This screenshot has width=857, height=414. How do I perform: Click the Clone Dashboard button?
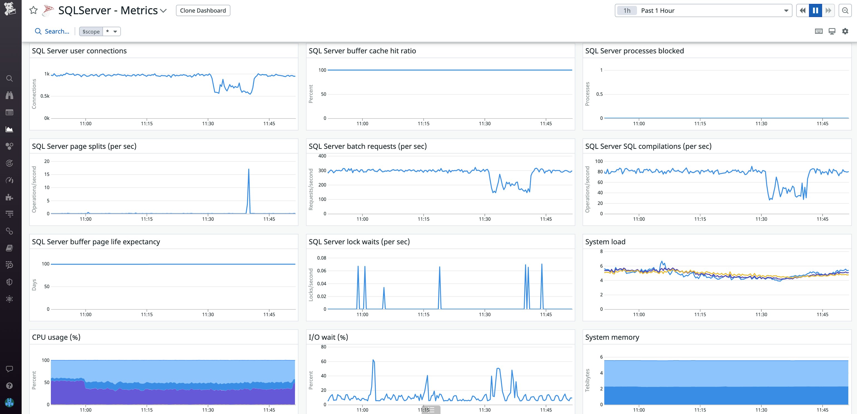pos(203,10)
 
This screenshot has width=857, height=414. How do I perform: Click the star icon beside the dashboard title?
pos(33,10)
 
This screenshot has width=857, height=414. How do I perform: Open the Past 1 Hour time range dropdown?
pos(703,10)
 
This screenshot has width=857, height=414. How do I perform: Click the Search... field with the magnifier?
pos(52,31)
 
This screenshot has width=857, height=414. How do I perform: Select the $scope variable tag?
pos(91,31)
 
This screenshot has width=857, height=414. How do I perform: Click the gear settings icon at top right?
pos(845,31)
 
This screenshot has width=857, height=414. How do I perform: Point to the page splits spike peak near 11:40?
pos(249,169)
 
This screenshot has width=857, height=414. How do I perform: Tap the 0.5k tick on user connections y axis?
pos(45,96)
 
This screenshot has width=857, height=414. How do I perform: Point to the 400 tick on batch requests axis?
pos(322,156)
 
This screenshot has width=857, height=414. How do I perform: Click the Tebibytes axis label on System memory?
pos(587,380)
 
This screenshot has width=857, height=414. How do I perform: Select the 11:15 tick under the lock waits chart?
pos(423,315)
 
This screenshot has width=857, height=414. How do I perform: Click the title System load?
pos(605,242)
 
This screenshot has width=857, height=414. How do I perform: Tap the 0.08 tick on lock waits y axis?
pos(321,258)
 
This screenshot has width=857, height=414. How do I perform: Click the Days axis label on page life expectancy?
pos(34,285)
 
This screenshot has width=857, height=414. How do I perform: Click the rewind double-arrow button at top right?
pos(802,10)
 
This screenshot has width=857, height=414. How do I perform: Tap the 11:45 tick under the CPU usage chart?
pos(269,410)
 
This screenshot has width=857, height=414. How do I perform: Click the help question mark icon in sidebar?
pos(9,386)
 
